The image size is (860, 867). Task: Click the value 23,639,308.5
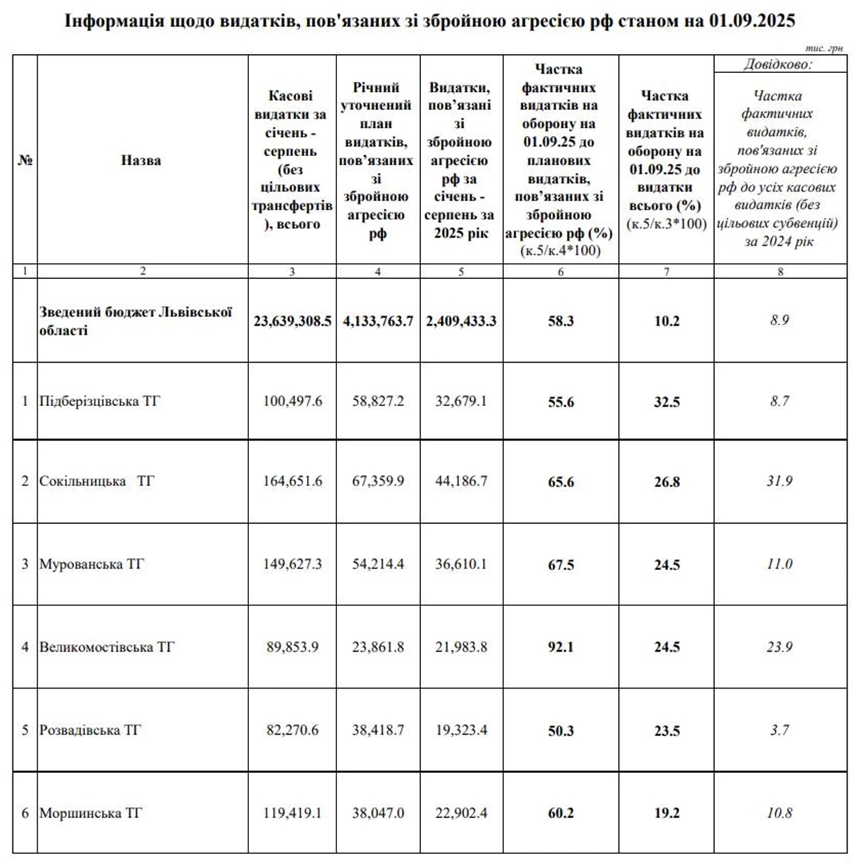pos(292,321)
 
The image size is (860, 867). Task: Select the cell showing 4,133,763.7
pos(378,321)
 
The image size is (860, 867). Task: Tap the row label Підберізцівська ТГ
pos(100,401)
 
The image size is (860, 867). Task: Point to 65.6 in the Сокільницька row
pos(560,482)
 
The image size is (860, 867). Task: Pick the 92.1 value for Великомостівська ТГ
pos(560,647)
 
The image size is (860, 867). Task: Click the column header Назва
pos(141,160)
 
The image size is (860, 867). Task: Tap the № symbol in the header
pos(25,160)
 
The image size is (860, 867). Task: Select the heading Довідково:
pos(778,64)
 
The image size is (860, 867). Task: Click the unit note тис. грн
pos(824,48)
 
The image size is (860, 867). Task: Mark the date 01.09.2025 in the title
pos(752,21)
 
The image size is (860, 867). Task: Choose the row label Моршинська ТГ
pos(91,813)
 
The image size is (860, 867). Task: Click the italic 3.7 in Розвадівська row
pos(779,730)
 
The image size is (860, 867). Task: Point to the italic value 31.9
pos(779,481)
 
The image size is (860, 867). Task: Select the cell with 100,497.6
pos(292,401)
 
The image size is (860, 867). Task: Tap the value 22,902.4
pos(461,813)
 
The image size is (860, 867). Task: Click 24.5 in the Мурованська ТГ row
pos(666,565)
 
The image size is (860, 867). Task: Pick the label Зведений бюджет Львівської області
pos(136,321)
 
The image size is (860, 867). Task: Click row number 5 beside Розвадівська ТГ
pos(25,730)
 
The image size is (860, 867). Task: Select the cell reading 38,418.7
pos(378,730)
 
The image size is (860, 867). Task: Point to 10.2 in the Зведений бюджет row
pos(666,321)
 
